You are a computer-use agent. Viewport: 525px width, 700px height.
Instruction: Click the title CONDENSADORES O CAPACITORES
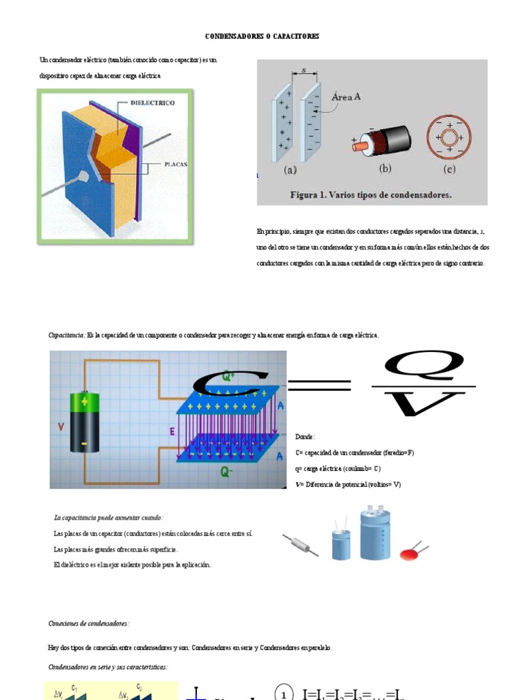(262, 36)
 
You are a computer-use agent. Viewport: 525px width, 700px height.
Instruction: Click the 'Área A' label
(346, 97)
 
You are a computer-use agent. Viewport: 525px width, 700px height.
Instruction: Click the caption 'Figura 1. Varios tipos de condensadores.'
(371, 195)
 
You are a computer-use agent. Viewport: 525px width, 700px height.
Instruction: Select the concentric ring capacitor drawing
(449, 137)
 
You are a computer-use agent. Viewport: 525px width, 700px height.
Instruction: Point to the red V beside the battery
(62, 427)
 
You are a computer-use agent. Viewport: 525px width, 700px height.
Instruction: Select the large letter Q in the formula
(424, 366)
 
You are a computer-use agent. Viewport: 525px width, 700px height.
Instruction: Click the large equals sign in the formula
(319, 388)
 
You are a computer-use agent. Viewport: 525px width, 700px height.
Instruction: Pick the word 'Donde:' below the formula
(305, 436)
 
